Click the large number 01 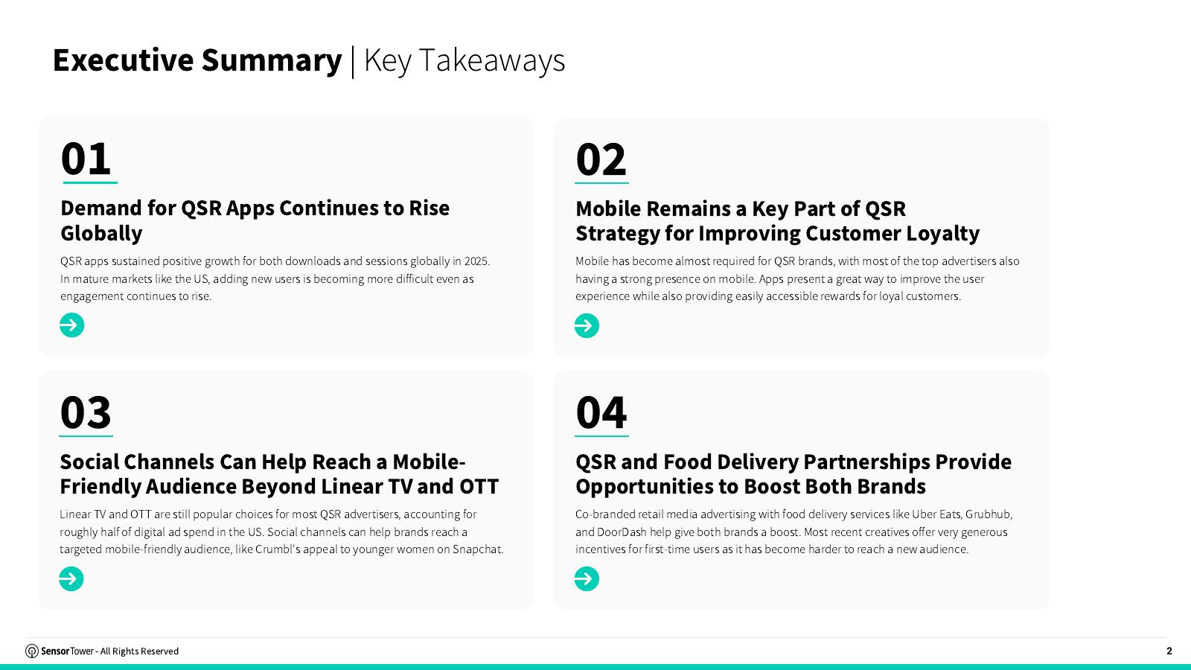pos(86,159)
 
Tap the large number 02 pos(601,159)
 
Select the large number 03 pos(86,412)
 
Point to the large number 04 pos(601,412)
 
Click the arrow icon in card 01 pos(71,325)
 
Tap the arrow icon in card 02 pos(587,325)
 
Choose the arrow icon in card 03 pos(71,578)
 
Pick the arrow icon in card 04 pos(587,578)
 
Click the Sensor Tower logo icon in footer pos(32,651)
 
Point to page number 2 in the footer pos(1169,651)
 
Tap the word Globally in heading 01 pos(101,234)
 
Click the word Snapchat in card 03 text pos(477,549)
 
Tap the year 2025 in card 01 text pos(477,261)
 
